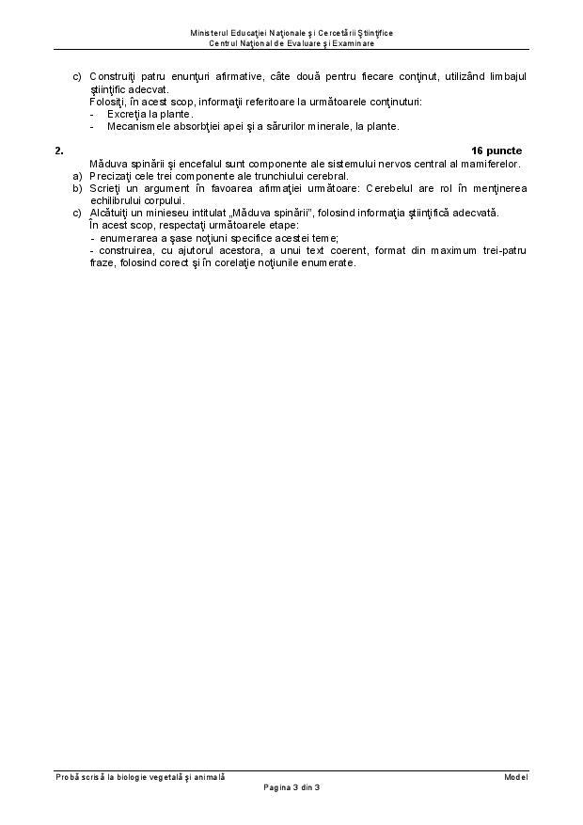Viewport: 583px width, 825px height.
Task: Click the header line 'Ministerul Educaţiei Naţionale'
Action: [291, 33]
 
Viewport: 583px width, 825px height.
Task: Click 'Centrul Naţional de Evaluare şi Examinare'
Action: [291, 43]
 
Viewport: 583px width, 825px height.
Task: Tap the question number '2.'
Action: [59, 151]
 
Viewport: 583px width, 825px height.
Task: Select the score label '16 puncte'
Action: [496, 151]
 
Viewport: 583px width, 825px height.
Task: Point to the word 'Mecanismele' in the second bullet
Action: [135, 125]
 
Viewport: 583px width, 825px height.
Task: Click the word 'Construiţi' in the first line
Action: [111, 75]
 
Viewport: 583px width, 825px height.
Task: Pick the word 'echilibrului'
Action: [115, 200]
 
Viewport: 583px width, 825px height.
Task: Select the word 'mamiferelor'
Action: [488, 163]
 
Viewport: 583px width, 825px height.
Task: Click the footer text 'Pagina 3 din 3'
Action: [291, 786]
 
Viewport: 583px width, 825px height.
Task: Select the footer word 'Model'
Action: [515, 776]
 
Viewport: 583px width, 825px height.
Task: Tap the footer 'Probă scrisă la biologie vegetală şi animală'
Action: [140, 776]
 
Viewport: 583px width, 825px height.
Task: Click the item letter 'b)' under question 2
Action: [77, 188]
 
